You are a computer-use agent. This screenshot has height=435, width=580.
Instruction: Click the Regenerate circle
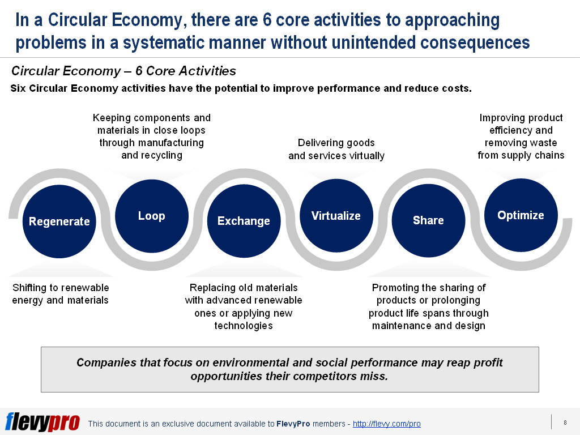point(59,221)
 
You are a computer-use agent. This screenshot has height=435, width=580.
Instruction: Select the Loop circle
point(152,216)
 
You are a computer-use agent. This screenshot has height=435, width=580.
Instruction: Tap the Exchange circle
point(244,221)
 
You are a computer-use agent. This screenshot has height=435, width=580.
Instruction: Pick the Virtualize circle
point(336,216)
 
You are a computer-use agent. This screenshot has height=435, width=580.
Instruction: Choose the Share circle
point(428,220)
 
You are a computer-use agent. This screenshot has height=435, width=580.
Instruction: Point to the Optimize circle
point(521,215)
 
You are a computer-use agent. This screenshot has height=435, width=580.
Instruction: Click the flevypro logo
point(42,421)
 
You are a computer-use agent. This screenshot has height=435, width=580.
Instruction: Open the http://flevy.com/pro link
point(386,424)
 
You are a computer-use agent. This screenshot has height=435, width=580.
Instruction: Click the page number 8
point(565,423)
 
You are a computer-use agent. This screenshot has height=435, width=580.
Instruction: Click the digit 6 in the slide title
point(267,20)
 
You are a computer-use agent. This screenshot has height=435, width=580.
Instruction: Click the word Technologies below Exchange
point(244,326)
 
